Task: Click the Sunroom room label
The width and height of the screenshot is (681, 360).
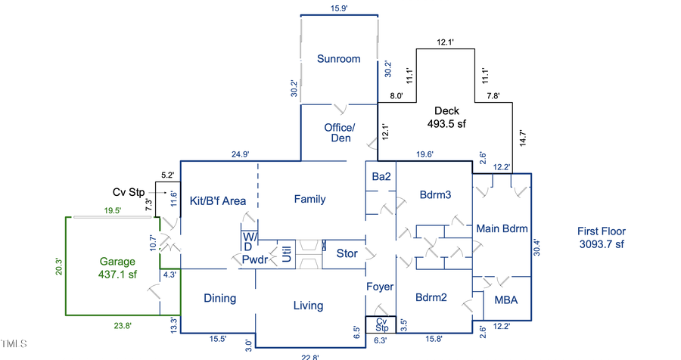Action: (338, 59)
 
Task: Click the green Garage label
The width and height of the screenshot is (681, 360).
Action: (117, 268)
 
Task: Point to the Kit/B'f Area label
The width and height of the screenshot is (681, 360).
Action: (217, 200)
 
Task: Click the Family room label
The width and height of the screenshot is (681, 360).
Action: (309, 200)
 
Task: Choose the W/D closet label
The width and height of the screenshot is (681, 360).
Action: (249, 241)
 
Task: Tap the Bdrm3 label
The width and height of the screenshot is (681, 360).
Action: (435, 195)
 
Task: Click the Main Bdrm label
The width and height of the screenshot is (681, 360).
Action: (501, 228)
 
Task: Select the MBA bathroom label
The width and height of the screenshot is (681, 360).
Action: (506, 300)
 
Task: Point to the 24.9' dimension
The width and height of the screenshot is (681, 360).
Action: (240, 154)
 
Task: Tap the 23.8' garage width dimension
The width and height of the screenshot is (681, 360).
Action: (122, 326)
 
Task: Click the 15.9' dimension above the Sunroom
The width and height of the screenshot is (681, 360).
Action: (338, 8)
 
